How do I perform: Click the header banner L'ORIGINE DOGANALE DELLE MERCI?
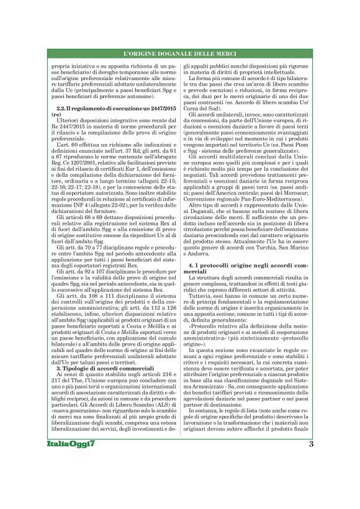point(180,55)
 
